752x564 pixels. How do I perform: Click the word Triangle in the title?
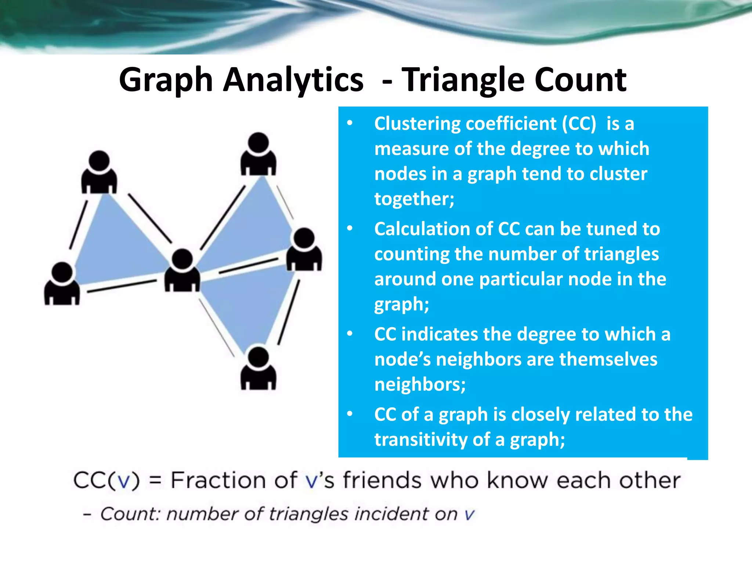click(463, 80)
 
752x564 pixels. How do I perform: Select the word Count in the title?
click(580, 80)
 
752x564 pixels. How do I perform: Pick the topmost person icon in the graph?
click(258, 154)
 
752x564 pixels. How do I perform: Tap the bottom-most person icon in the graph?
click(258, 369)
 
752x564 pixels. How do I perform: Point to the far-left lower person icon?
click(62, 284)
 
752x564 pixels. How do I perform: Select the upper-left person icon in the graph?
click(99, 173)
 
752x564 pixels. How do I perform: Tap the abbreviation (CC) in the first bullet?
click(579, 124)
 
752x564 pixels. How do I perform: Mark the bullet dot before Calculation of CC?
click(350, 229)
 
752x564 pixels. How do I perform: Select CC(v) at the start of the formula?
click(107, 480)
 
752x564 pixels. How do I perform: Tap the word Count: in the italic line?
click(130, 514)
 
